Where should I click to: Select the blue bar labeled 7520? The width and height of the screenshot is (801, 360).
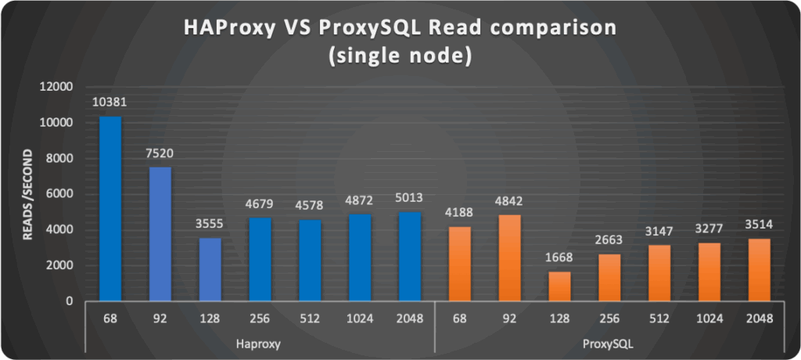pos(160,234)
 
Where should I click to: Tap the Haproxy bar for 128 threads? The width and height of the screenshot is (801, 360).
pos(210,269)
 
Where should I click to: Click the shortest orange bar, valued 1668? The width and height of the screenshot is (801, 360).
pos(559,286)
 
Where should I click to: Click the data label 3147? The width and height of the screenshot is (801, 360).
pos(659,232)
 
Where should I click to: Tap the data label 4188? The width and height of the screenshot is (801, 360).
pos(459,214)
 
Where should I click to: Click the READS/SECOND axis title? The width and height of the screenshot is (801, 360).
pos(28,194)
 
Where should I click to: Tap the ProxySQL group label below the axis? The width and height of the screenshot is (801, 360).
pos(609,343)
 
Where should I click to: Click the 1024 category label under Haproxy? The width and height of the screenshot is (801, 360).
pos(359,319)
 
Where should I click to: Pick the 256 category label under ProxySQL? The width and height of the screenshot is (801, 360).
pos(609,319)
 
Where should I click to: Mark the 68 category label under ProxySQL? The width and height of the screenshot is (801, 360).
pos(459,319)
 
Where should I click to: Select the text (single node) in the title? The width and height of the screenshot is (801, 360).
pos(400,58)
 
